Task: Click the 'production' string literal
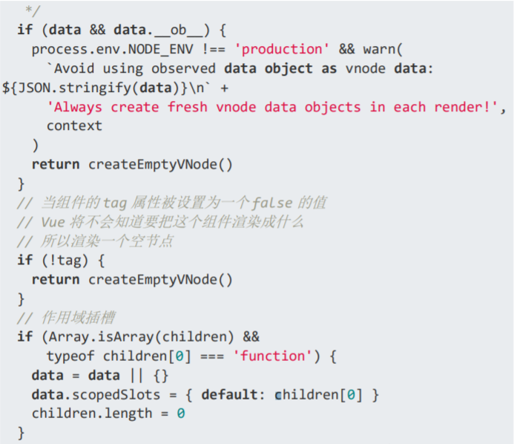point(282,49)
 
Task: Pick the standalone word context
point(74,125)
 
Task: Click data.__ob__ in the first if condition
point(159,30)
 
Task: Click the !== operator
point(206,49)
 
